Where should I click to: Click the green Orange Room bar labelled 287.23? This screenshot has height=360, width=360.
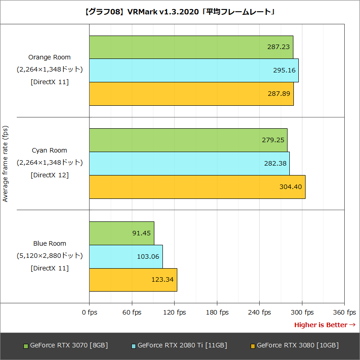coord(191,47)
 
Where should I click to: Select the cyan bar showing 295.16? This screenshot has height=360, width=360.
coord(193,71)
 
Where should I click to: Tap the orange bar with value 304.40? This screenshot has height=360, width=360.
coord(197,187)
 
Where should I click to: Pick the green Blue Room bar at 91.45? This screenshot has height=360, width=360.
coord(121,233)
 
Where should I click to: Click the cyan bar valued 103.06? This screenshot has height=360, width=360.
coord(126,256)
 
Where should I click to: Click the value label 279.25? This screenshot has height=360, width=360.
coord(273,140)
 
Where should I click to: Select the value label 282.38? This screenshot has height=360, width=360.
coord(275,163)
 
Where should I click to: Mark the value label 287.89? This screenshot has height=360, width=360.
coord(279,94)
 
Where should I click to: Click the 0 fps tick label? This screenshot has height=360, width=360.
coord(90,312)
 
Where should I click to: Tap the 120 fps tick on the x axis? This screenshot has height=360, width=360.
coord(175,312)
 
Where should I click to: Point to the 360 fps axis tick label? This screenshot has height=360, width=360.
coord(345,312)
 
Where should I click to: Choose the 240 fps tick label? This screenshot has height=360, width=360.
coord(260,312)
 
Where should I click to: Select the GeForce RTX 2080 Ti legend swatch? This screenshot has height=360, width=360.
coord(134,346)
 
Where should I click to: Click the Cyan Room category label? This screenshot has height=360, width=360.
coord(49,150)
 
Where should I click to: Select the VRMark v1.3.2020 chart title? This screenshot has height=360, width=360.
coord(180,12)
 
